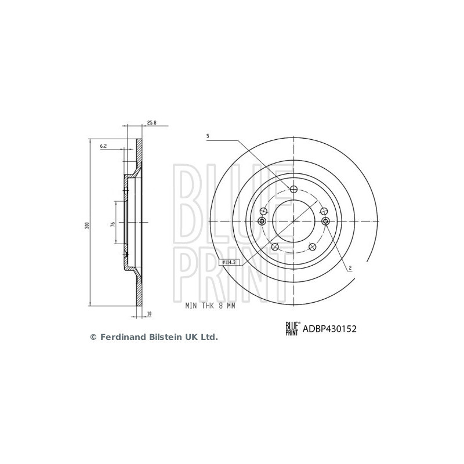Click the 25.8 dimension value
[151, 122]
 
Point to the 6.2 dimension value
[103, 146]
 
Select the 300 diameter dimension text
[86, 226]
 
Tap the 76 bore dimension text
[113, 224]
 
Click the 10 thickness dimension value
[149, 313]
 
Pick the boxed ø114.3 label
[229, 262]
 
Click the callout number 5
[208, 136]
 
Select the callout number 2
[350, 268]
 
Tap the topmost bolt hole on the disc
[293, 189]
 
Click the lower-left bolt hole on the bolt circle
[275, 246]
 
